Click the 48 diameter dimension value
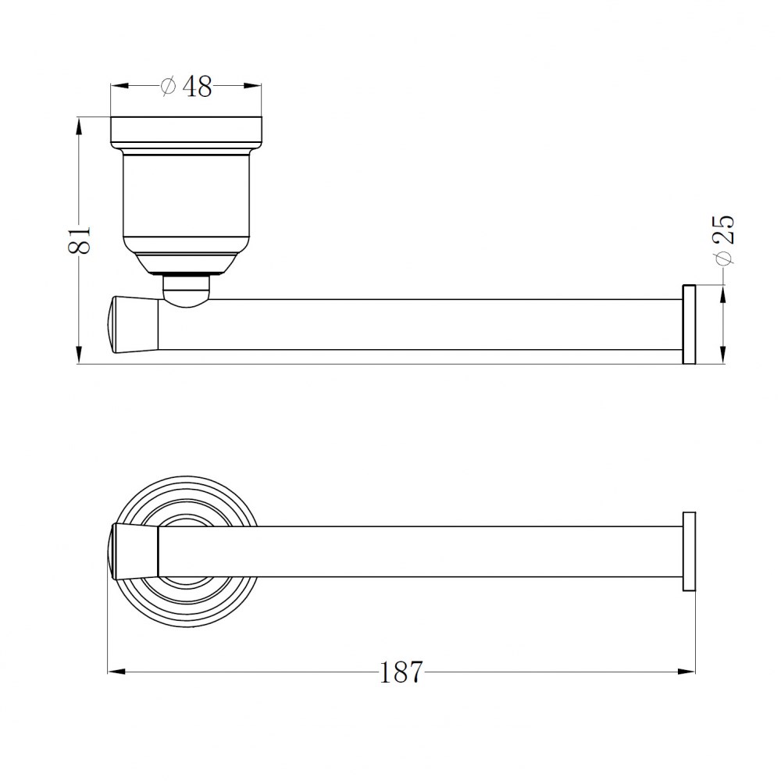pos(198,86)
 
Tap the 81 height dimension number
pos(80,240)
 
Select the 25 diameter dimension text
pos(724,229)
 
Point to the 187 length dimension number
pos(401,672)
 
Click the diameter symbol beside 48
pos(169,86)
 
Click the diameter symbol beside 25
pos(724,257)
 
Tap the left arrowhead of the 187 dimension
pos(116,672)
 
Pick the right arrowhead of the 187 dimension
pos(686,672)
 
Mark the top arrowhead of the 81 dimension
pos(78,126)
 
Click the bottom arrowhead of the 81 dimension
pos(78,355)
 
